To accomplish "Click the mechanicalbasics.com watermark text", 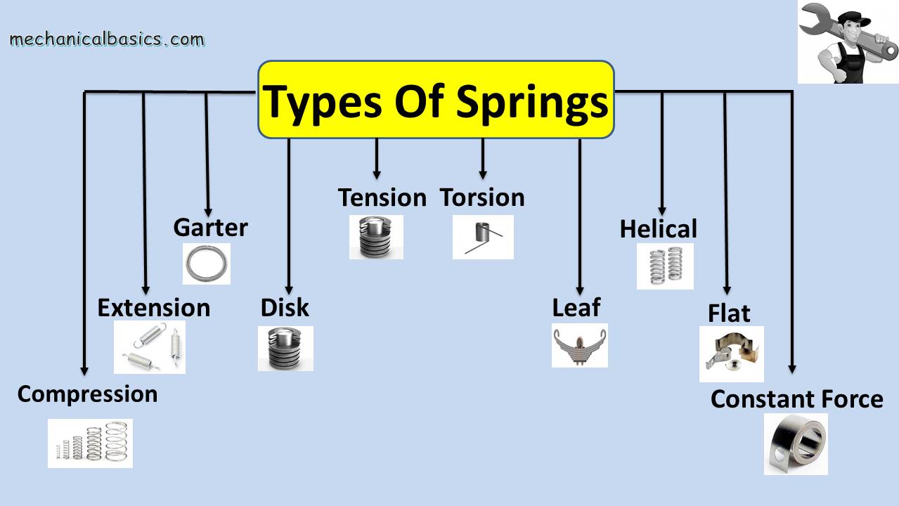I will tap(107, 39).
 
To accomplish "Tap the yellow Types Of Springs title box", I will tap(436, 99).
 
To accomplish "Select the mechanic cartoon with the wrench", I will tap(848, 42).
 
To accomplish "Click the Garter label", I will tap(210, 227).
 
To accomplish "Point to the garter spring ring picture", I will tap(207, 264).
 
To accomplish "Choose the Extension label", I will tap(153, 307).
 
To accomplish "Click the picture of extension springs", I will tap(150, 346).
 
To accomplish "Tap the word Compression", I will tap(87, 394).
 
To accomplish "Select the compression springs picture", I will tap(90, 443).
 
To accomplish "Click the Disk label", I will tap(285, 307).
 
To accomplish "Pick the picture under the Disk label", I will tap(285, 348).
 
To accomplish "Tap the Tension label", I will tap(382, 197).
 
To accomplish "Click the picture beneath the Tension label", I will tap(376, 237).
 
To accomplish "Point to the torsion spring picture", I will tap(483, 237).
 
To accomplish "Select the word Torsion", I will tap(482, 197).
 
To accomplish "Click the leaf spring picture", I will tap(579, 345).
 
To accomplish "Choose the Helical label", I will tap(658, 228).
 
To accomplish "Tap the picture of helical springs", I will tap(665, 266).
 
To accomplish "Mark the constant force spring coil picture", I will tap(796, 443).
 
